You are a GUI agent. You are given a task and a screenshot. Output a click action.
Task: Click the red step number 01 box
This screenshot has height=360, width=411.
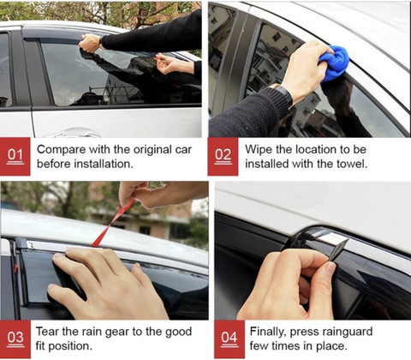pyautogui.click(x=15, y=157)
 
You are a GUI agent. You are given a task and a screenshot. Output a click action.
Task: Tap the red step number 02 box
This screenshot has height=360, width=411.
pyautogui.click(x=223, y=157)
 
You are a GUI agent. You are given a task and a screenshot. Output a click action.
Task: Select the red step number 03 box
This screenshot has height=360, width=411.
pyautogui.click(x=15, y=339)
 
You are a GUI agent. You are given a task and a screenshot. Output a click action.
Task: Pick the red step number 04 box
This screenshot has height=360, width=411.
pyautogui.click(x=229, y=339)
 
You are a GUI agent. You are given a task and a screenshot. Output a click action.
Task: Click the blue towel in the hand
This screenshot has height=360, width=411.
pyautogui.click(x=334, y=63)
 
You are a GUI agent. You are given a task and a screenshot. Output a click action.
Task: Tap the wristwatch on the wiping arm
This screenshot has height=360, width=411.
pyautogui.click(x=283, y=93)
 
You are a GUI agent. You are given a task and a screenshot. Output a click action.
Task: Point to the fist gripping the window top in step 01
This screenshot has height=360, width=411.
pyautogui.click(x=90, y=43)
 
